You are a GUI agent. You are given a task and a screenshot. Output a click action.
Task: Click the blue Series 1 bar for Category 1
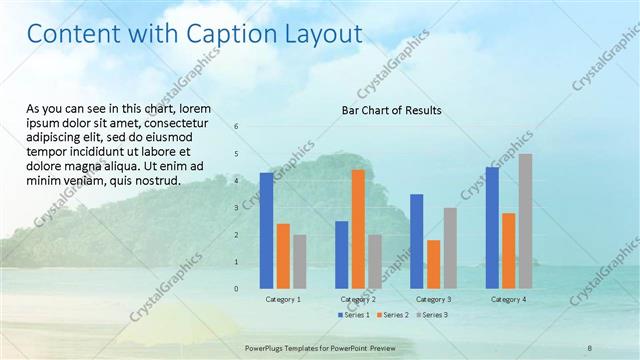coord(266,230)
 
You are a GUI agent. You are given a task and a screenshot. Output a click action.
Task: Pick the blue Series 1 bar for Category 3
coord(416,241)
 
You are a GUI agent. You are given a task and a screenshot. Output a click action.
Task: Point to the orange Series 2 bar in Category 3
coord(433,264)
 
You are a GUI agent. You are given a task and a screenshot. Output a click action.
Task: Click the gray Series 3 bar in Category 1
coord(300,261)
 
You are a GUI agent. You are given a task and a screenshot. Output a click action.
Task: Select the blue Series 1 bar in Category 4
coord(491,227)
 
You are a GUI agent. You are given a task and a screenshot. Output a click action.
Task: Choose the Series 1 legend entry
coord(355,315)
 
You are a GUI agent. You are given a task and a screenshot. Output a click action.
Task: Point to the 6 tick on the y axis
coord(237,127)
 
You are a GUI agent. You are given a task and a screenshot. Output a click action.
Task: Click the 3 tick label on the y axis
coord(237,208)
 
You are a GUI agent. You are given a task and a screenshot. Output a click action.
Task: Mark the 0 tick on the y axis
coord(237,289)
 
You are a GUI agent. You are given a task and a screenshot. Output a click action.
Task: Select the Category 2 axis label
coord(358,300)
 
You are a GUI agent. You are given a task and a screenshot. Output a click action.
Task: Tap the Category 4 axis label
coord(508,300)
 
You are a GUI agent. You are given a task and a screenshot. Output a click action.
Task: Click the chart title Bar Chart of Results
coord(392,110)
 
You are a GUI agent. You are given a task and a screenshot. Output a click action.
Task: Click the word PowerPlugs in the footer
coord(266,348)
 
